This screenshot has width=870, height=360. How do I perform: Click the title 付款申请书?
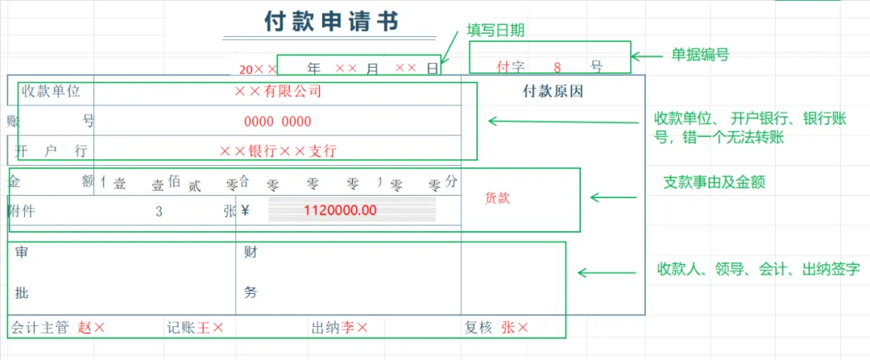pos(330,21)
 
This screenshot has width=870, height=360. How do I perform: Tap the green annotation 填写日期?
pos(496,31)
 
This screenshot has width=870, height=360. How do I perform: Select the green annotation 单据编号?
pos(701,55)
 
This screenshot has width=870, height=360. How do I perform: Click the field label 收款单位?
pos(52,91)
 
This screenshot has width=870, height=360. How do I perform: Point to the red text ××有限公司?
pos(278,91)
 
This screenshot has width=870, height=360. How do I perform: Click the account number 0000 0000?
pos(277,122)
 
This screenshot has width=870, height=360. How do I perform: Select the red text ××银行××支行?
pos(278,151)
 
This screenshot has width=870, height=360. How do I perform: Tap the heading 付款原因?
pos(553,91)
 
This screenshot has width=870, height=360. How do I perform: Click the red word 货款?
pos(498,197)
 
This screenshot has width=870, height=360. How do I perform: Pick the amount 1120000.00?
pos(340,211)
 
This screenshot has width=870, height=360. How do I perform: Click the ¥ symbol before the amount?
pos(246,211)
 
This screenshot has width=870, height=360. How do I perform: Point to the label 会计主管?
pos(40,328)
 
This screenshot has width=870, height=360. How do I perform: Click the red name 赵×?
pos(91,328)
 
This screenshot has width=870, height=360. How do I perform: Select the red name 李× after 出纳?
pos(354,328)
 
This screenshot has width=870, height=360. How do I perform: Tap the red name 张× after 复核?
pos(515,328)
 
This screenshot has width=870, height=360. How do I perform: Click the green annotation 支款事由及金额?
pos(713,182)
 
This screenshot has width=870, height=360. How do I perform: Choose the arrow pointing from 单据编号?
pos(647,56)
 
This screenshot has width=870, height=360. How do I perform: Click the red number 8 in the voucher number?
pos(557,67)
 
